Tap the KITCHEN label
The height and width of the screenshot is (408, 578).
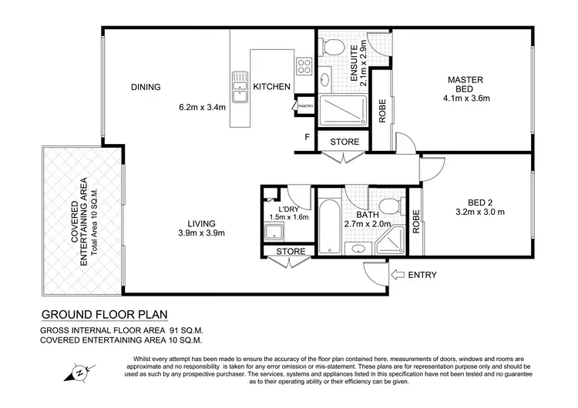(272, 87)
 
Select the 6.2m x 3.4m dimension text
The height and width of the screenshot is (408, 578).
(202, 108)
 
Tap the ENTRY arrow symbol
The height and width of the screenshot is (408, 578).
(398, 275)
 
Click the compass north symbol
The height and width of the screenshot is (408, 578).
(79, 373)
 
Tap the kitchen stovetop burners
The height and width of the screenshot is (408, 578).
(304, 64)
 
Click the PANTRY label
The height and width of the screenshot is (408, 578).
(305, 106)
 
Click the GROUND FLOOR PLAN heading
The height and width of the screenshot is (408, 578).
(103, 314)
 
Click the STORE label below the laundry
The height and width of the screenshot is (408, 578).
(291, 251)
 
